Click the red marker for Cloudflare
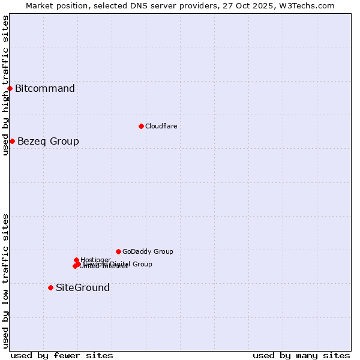point(141,126)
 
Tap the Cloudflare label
point(161,126)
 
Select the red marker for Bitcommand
point(10,89)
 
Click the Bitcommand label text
point(45,89)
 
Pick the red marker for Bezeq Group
point(12,141)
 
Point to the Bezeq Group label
point(48,142)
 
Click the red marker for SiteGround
point(50,287)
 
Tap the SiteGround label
point(83,288)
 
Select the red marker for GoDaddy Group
point(118,251)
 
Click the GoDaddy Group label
point(148,252)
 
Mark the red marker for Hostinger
point(76,260)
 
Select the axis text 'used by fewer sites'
point(62,355)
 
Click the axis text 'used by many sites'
point(301,355)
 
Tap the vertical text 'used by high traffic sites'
point(5,85)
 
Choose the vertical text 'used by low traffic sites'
point(5,281)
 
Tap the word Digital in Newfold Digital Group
point(119,264)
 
